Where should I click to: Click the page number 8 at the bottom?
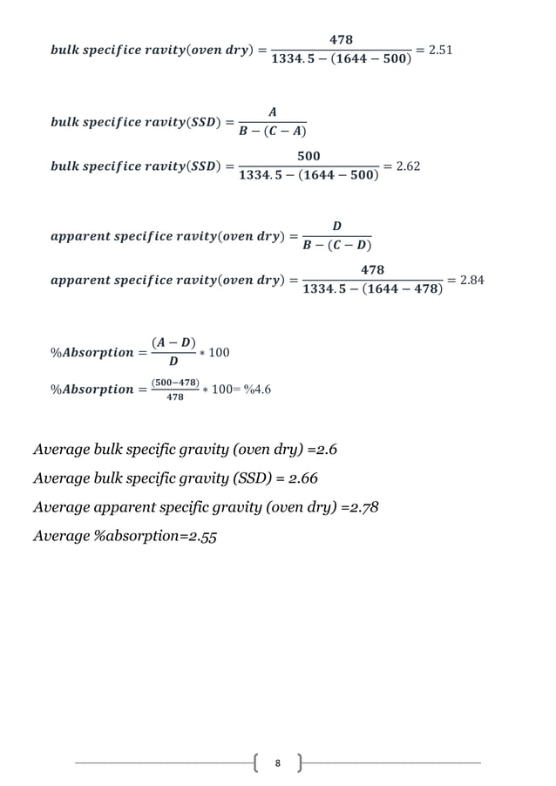tap(277, 763)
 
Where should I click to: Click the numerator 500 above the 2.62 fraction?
tap(309, 155)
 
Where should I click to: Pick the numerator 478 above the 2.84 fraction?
tap(372, 270)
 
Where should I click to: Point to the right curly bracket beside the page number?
tap(299, 763)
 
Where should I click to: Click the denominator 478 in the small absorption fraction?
tap(175, 396)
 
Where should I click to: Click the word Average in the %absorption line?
tap(60, 536)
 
